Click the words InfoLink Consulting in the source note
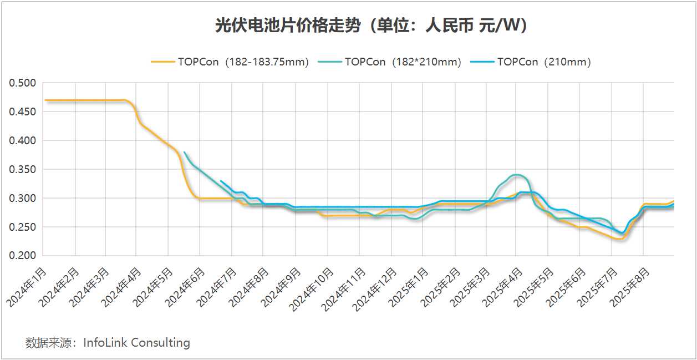pyautogui.click(x=136, y=343)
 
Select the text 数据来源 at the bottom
pyautogui.click(x=49, y=343)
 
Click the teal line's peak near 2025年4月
pyautogui.click(x=516, y=175)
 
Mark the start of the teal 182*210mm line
pyautogui.click(x=184, y=152)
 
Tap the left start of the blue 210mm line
pyautogui.click(x=221, y=181)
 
